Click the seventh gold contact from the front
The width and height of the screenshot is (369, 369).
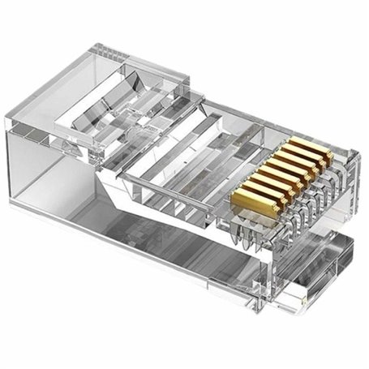click(x=309, y=157)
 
